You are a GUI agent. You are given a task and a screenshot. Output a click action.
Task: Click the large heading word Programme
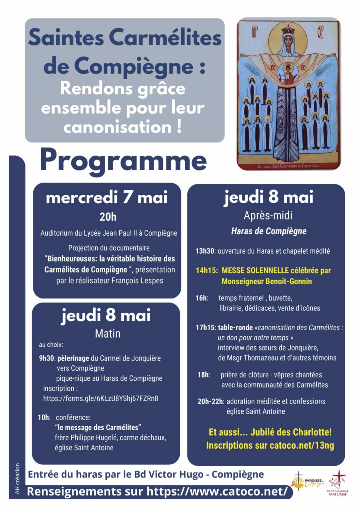click(123, 160)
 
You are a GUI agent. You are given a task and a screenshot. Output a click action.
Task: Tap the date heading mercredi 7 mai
click(107, 198)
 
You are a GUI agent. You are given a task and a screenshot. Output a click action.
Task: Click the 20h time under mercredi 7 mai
click(108, 217)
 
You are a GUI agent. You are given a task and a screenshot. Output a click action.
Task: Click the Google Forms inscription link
click(100, 398)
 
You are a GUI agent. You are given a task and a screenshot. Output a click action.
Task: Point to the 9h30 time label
click(47, 358)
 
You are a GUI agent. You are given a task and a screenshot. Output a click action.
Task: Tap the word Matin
click(108, 333)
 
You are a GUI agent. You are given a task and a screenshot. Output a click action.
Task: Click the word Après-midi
click(268, 215)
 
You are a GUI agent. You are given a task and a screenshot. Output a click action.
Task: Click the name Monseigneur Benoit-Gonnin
click(267, 281)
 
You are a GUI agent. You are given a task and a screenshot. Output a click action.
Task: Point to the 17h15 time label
click(205, 327)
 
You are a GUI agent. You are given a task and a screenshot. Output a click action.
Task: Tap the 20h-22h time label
click(210, 401)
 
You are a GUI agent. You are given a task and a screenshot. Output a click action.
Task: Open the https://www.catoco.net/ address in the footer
click(217, 491)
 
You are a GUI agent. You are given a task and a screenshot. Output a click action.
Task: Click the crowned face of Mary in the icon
click(288, 41)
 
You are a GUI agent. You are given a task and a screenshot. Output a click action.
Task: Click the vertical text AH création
click(17, 478)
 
